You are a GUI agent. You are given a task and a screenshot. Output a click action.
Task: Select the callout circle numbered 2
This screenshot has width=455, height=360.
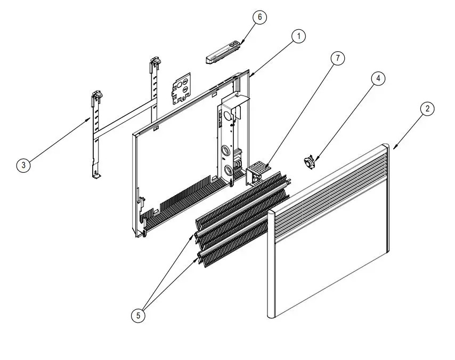coord(427,109)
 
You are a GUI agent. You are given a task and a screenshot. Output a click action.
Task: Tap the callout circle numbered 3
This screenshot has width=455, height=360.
coord(23,165)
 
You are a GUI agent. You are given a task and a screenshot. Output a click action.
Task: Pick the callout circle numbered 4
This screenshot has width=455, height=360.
coord(378,78)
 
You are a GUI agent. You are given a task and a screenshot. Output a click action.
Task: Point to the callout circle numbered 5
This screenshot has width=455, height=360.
coord(138,315)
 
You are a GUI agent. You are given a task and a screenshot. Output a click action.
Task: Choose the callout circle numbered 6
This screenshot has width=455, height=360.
coord(259,17)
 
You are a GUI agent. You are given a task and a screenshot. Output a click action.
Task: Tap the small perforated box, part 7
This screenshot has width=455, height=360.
coord(257,171)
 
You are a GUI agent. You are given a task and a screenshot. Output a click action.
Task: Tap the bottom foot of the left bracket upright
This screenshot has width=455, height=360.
coord(96,174)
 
